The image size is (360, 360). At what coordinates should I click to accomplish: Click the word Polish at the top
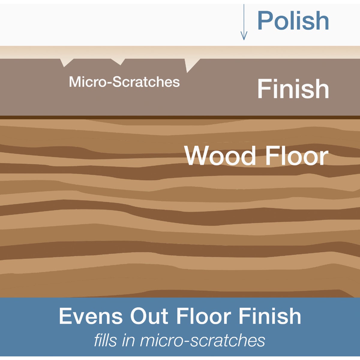(x=293, y=21)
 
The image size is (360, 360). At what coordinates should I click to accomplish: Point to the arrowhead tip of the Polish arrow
(x=244, y=39)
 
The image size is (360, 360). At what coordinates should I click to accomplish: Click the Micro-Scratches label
(x=124, y=82)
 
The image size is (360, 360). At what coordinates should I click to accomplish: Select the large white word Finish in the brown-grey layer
(x=293, y=89)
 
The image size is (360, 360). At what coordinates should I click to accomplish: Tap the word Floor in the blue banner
(x=204, y=316)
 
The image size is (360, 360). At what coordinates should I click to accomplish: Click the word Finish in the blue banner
(x=269, y=316)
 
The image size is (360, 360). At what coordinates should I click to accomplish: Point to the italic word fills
(x=106, y=340)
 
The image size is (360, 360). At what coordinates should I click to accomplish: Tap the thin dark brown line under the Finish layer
(x=180, y=117)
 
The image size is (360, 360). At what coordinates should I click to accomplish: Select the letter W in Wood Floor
(x=198, y=155)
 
